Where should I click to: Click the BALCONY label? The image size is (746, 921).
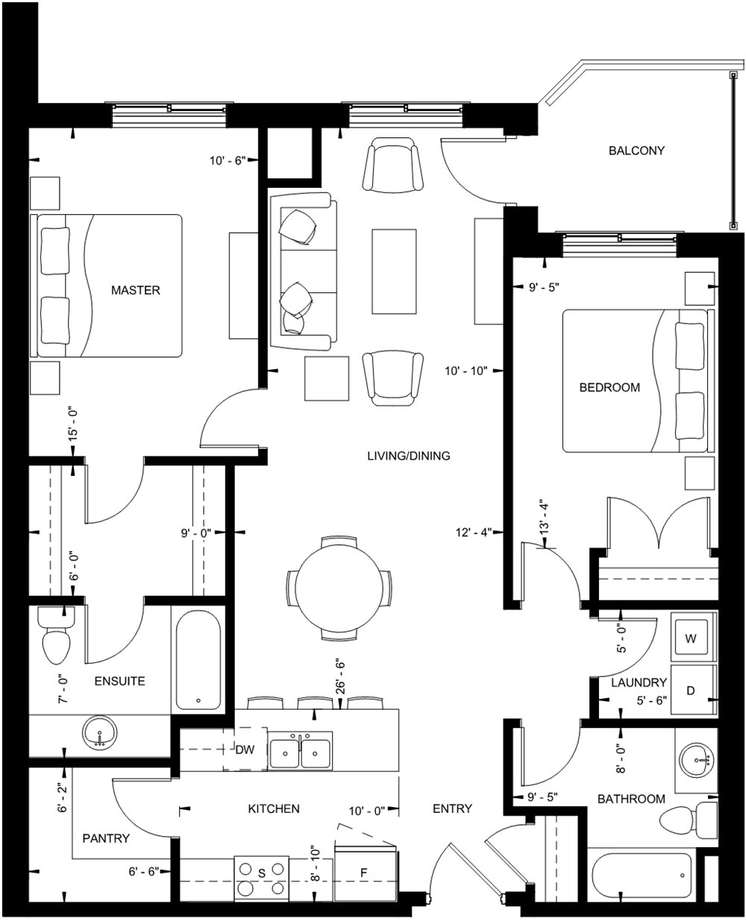click(636, 151)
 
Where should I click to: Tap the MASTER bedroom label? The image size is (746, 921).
click(135, 290)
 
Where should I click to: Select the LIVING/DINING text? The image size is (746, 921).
click(409, 456)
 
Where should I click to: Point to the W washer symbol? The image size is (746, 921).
click(691, 638)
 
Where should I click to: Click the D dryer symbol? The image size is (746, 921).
click(691, 691)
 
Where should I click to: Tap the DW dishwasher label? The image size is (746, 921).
click(245, 749)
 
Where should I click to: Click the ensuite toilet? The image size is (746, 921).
click(56, 635)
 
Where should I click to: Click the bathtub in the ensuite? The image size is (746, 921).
click(198, 660)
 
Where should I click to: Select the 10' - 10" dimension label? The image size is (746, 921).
click(466, 371)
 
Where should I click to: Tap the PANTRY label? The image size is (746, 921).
click(106, 838)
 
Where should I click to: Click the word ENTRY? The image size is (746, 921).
click(452, 808)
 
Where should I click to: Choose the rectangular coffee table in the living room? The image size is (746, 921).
click(394, 271)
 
